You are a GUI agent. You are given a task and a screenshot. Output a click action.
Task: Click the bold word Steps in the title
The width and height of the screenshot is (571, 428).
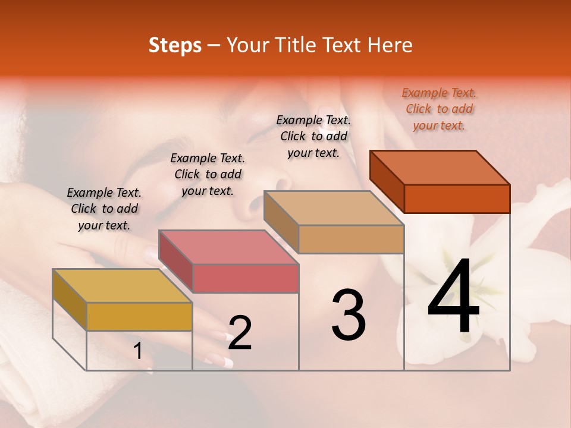coord(175,45)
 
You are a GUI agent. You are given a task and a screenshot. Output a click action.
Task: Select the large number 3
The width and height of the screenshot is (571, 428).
coord(349,314)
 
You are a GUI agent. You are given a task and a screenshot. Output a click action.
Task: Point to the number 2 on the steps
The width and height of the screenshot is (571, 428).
coord(240,333)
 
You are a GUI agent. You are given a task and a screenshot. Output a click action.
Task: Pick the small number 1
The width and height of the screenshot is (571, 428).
coord(137,351)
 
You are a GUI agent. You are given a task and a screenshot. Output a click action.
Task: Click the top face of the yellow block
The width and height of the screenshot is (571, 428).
coord(122,286)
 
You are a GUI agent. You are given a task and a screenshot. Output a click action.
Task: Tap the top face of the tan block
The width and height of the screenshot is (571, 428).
coord(333,208)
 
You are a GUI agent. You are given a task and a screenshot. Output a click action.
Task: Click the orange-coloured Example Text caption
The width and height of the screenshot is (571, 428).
coord(439,109)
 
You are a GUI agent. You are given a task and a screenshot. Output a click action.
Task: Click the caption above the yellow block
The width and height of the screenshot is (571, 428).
coord(104,209)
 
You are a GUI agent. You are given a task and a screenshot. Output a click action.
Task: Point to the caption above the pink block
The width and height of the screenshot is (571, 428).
coord(208,174)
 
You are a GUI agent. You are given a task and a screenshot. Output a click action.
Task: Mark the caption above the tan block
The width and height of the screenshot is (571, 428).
coord(313,136)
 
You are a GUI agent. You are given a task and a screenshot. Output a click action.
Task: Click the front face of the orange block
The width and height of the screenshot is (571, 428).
coord(457,199)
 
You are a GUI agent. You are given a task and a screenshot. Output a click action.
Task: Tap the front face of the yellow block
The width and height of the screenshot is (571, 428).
coord(139,316)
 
